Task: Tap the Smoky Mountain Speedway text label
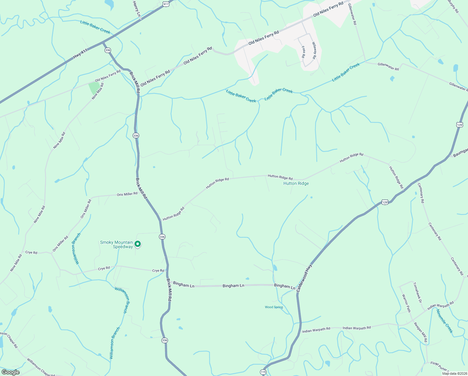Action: tap(116, 244)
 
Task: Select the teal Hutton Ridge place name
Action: tap(296, 183)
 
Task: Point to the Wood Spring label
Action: tap(274, 307)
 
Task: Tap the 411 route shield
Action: tap(166, 4)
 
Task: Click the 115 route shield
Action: tap(263, 372)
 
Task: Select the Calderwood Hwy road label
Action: tap(304, 278)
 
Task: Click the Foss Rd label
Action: tap(303, 52)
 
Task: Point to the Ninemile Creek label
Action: tap(445, 321)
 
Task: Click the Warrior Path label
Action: tap(406, 303)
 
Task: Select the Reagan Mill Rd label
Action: tap(420, 332)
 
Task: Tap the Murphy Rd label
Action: tap(453, 6)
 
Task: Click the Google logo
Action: tap(10, 372)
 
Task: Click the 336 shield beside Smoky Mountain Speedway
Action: tap(162, 237)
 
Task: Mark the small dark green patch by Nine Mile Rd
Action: tap(94, 87)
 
